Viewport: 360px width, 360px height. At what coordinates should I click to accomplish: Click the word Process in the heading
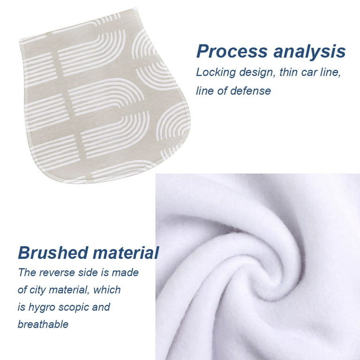[232, 52]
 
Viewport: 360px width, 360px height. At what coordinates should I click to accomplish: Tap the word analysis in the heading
[309, 52]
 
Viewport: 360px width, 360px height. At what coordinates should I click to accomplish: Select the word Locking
[216, 73]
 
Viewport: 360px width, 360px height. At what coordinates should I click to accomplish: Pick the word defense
[251, 90]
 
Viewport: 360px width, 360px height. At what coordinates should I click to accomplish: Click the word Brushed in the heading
[53, 253]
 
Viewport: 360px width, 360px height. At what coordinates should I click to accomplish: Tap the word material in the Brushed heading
[126, 253]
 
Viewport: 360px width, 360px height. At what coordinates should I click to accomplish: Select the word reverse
[57, 273]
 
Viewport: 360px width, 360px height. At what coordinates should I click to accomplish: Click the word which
[107, 290]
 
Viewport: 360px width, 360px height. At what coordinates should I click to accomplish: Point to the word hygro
[42, 307]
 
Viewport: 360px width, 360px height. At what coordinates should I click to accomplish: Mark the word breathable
[43, 324]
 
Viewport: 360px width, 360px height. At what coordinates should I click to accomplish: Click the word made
[125, 272]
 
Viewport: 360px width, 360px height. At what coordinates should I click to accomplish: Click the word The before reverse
[27, 272]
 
